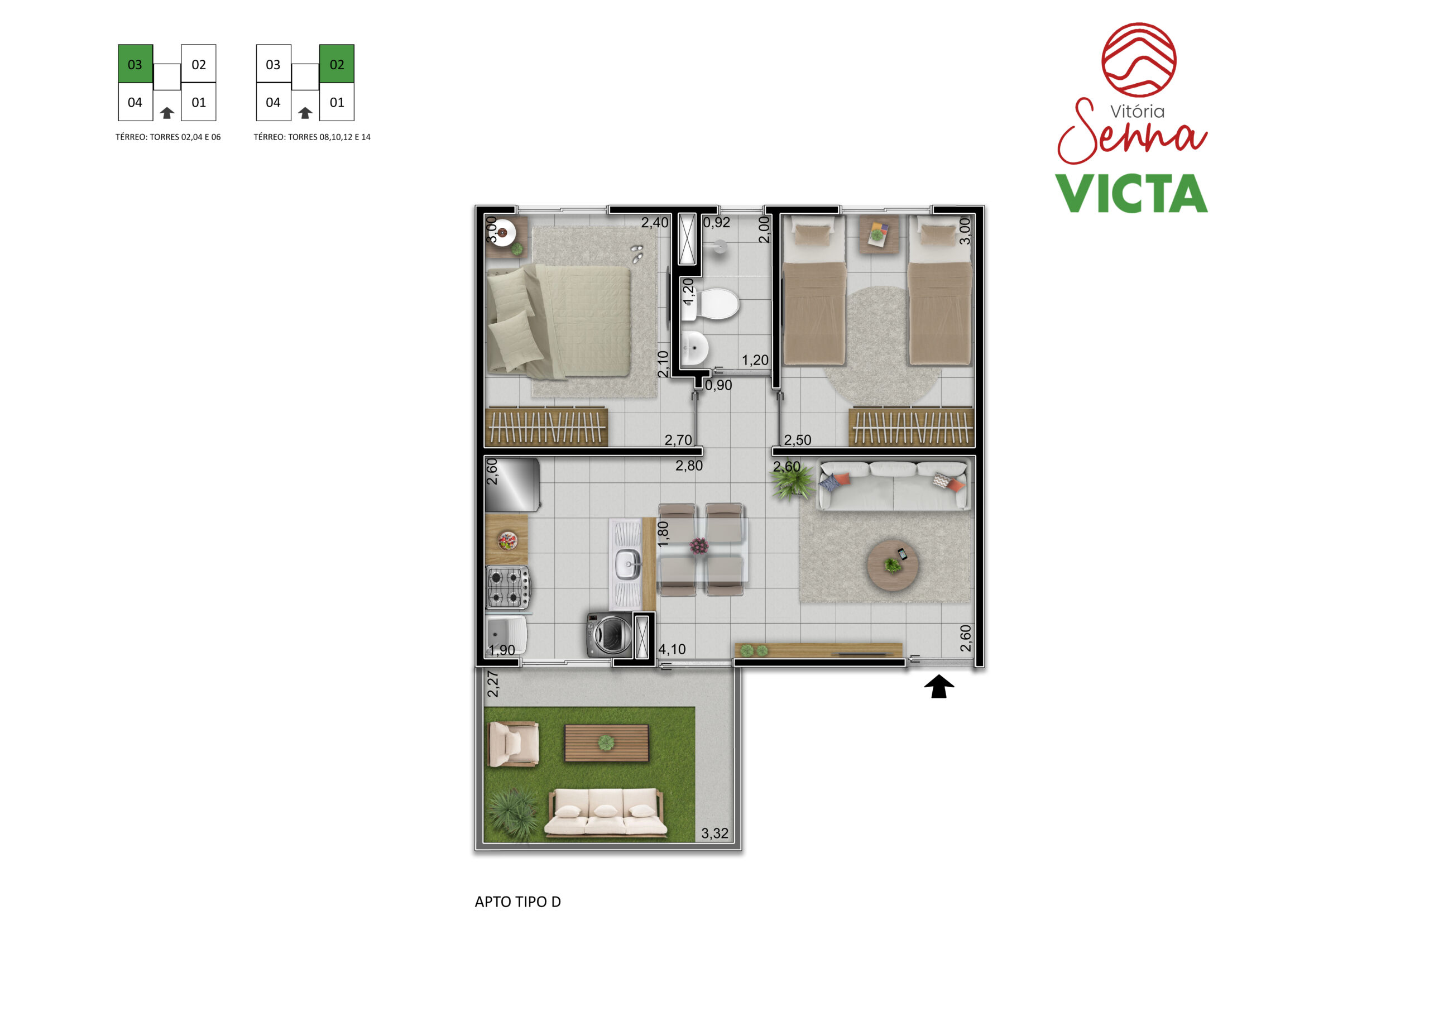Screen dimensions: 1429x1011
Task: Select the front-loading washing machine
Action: pyautogui.click(x=608, y=635)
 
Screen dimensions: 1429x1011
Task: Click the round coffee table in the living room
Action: pyautogui.click(x=893, y=566)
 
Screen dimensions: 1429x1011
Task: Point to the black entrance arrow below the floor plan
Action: pyautogui.click(x=938, y=687)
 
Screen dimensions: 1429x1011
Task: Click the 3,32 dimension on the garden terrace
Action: pyautogui.click(x=714, y=833)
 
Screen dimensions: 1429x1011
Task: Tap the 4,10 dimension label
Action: pyautogui.click(x=672, y=649)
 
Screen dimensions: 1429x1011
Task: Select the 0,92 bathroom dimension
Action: pyautogui.click(x=716, y=222)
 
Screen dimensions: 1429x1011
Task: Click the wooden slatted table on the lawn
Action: pyautogui.click(x=606, y=742)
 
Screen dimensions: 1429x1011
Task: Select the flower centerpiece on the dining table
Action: pyautogui.click(x=699, y=546)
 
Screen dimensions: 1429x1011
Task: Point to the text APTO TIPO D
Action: pyautogui.click(x=518, y=902)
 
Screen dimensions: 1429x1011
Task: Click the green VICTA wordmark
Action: pyautogui.click(x=1131, y=194)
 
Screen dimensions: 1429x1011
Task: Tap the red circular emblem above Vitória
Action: pyautogui.click(x=1139, y=60)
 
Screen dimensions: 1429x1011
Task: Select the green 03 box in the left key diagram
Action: pyautogui.click(x=136, y=64)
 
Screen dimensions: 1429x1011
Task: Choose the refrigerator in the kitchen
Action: pyautogui.click(x=512, y=485)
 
